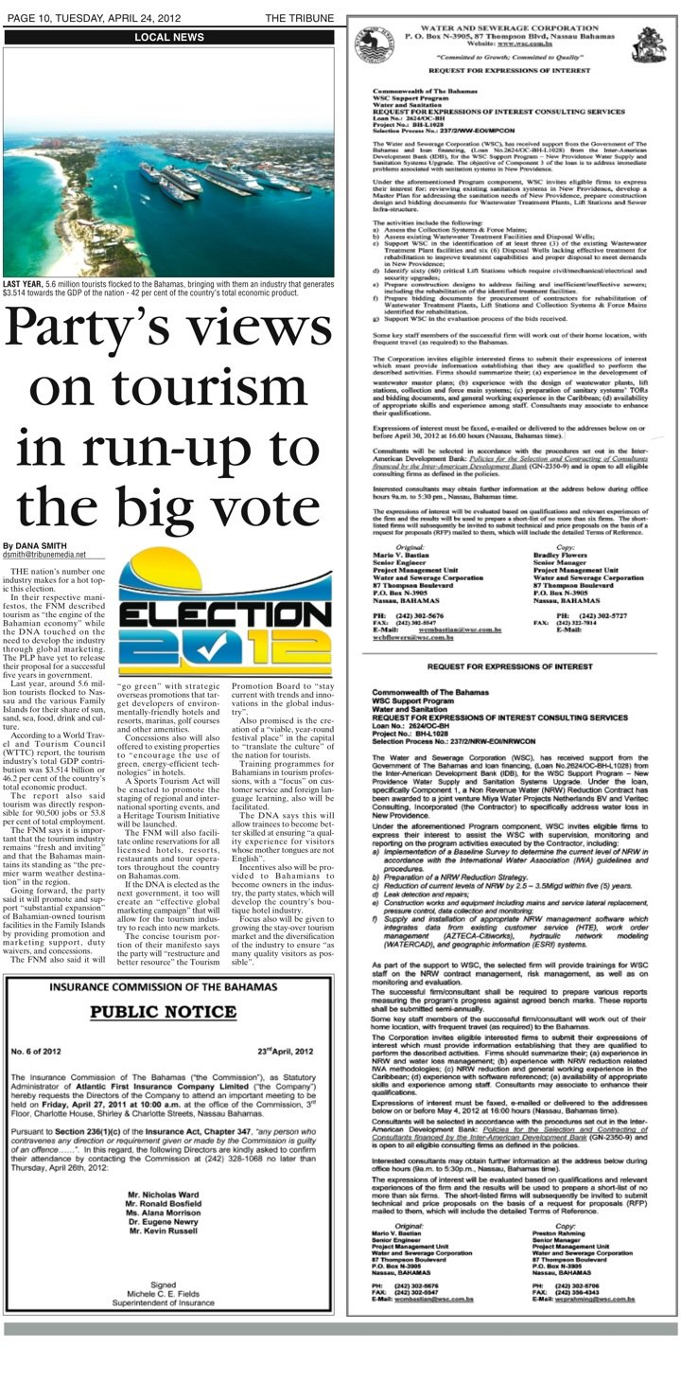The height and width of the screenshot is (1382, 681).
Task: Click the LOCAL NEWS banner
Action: tap(168, 37)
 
